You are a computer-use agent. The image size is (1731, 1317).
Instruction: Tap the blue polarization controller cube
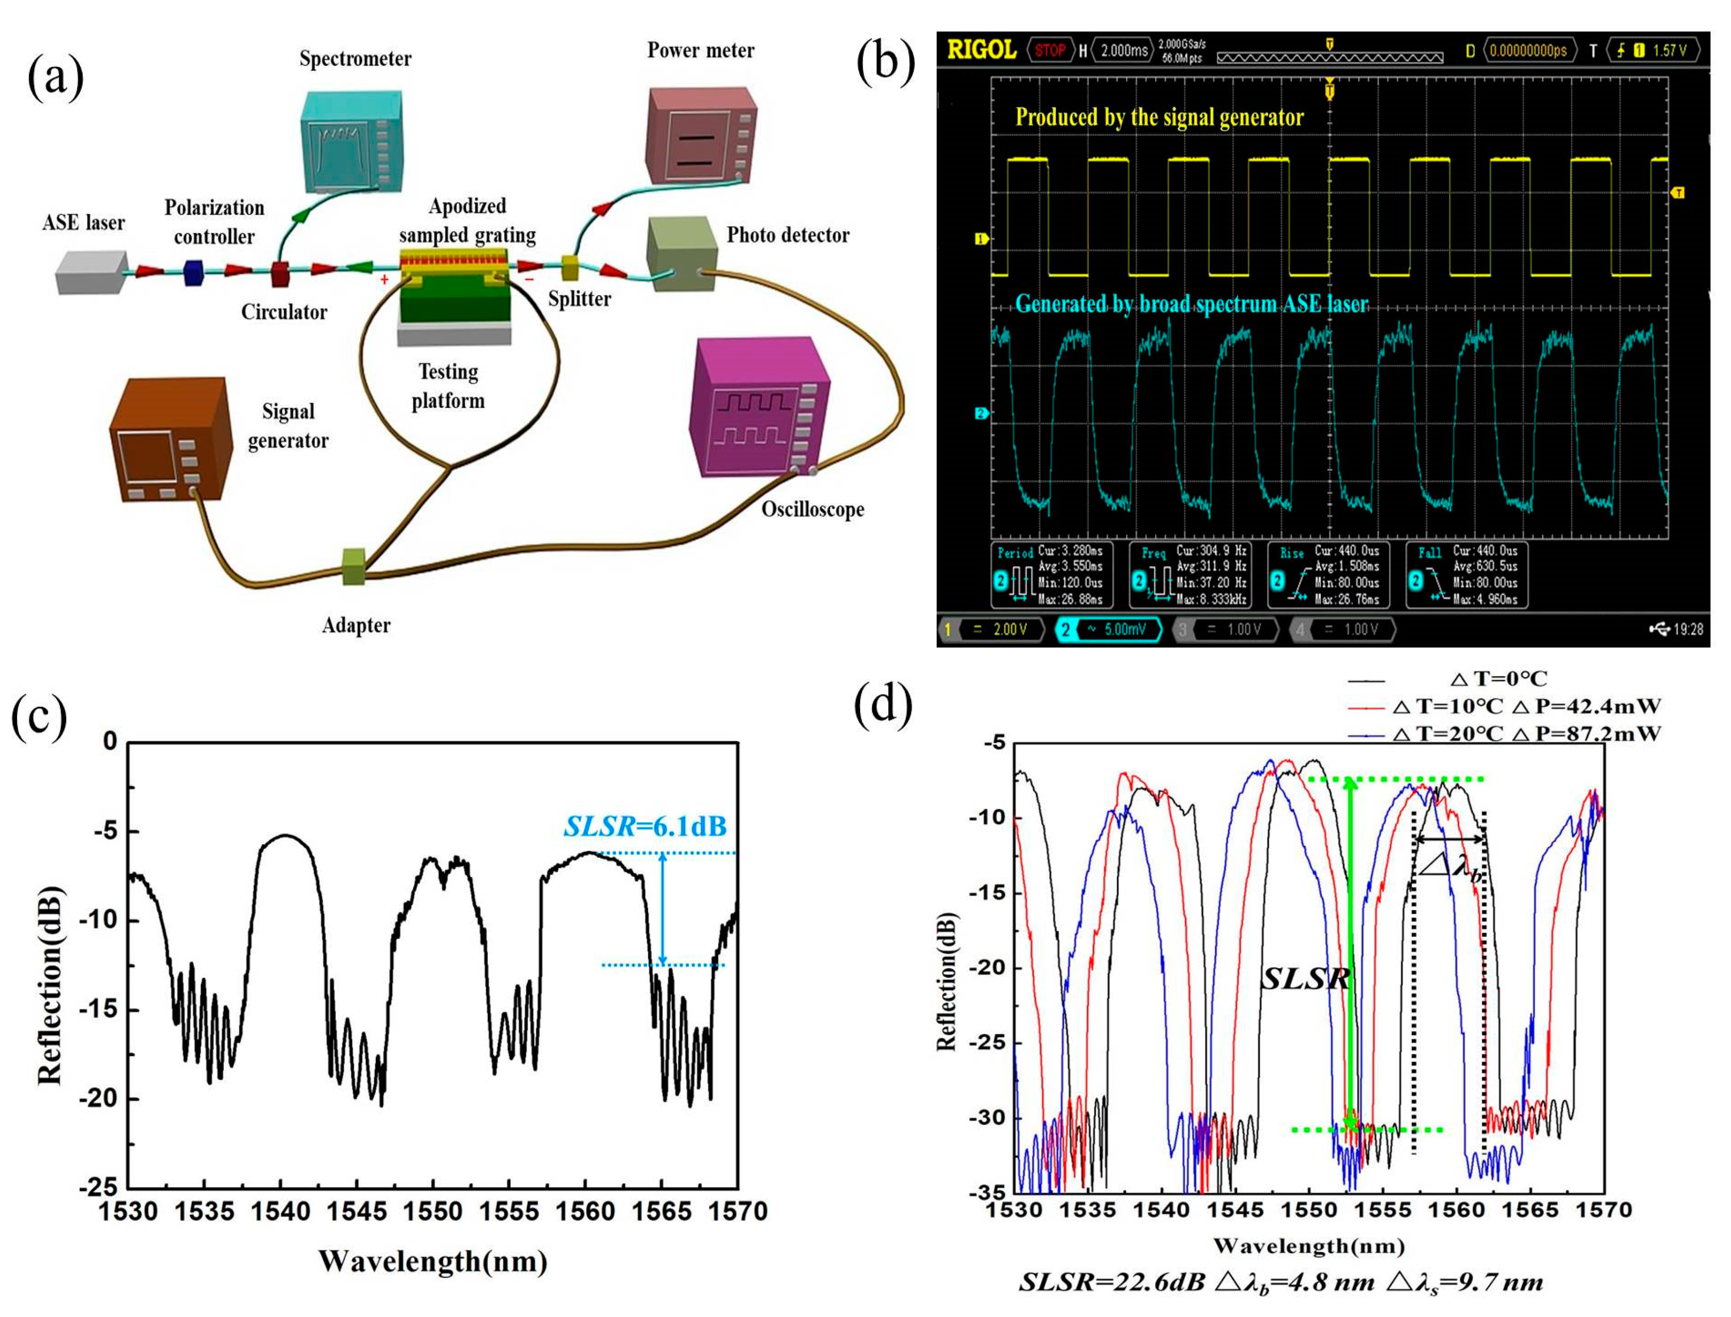click(x=193, y=273)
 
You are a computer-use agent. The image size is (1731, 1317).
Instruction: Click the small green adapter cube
click(x=354, y=567)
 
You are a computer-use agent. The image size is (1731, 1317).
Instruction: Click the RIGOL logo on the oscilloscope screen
click(x=982, y=50)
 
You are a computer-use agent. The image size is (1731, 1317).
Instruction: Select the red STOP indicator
click(x=1049, y=51)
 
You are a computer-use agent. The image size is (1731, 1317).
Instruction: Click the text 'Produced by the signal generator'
click(x=1159, y=118)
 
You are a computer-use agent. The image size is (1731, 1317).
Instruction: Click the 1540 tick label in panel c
click(x=280, y=1212)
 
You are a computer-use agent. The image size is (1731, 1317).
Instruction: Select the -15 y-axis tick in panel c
click(x=97, y=1010)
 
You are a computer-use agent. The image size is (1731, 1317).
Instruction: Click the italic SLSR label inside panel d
click(x=1304, y=978)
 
